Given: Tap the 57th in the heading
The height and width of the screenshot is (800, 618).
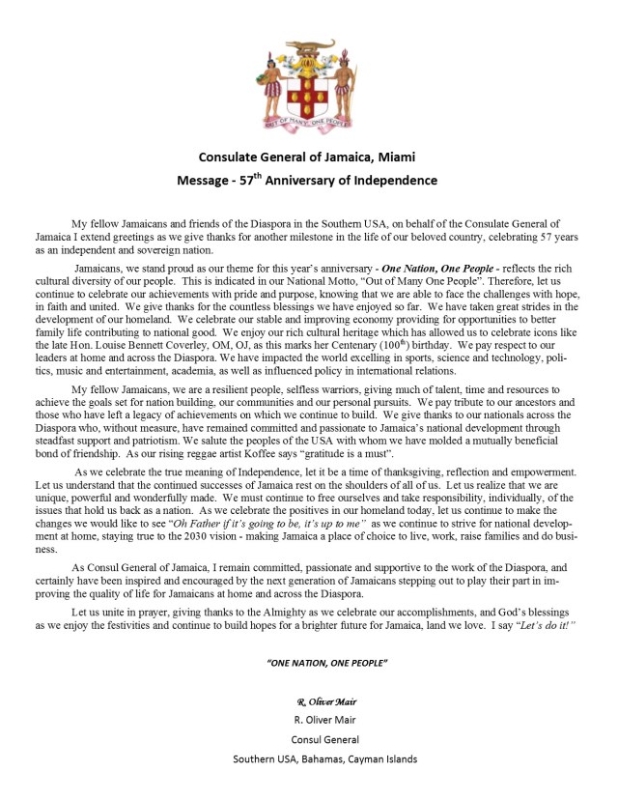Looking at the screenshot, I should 252,180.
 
